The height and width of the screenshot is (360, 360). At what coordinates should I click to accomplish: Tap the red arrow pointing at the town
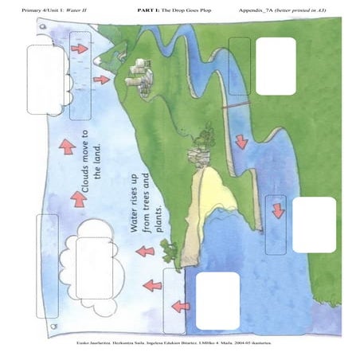(x=101, y=80)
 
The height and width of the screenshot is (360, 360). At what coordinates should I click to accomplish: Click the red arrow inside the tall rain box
(x=80, y=49)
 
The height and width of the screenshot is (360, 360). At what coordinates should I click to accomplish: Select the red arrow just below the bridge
(x=241, y=141)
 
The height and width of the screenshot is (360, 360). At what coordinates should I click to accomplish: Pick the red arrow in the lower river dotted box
(x=277, y=210)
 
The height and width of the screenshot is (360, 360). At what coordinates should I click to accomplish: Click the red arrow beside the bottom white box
(x=180, y=304)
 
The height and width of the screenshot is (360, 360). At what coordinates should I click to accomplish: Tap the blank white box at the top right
(x=276, y=65)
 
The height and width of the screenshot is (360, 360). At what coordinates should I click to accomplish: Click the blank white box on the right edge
(x=314, y=225)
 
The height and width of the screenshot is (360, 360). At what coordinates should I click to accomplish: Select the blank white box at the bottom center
(x=217, y=300)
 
